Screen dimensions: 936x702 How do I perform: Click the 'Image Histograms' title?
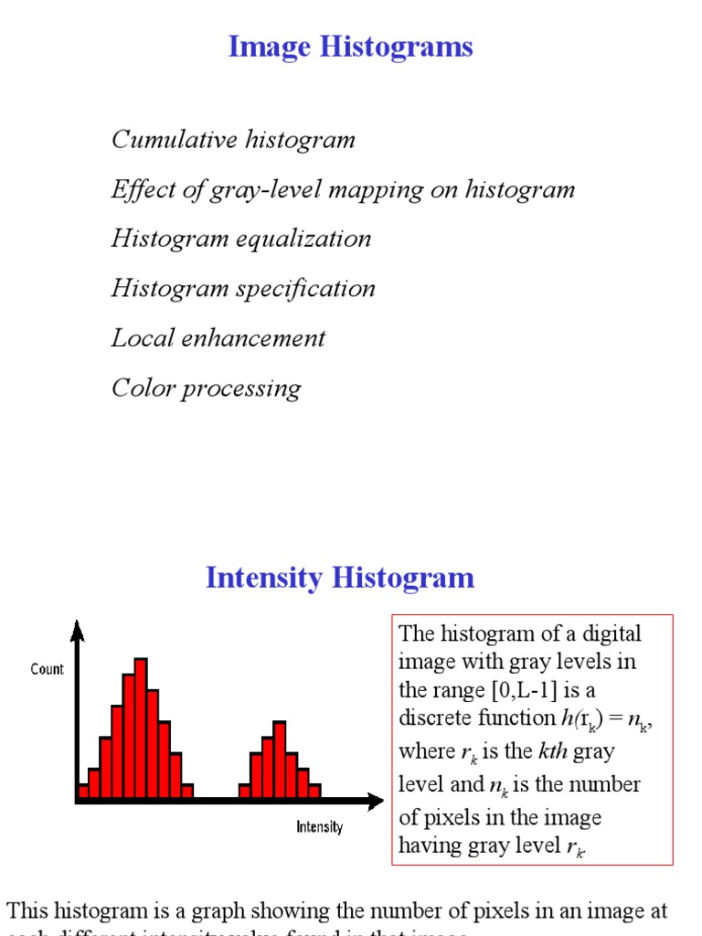(x=350, y=47)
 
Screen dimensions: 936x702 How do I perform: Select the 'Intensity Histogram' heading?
(x=340, y=578)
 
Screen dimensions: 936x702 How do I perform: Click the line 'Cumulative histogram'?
(x=233, y=140)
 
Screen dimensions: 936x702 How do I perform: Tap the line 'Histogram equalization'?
(x=241, y=239)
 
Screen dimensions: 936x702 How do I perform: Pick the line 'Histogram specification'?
(x=243, y=288)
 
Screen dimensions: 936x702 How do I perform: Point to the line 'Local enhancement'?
(x=218, y=338)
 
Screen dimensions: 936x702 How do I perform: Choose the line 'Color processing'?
(x=206, y=388)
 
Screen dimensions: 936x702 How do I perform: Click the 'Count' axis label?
(x=48, y=669)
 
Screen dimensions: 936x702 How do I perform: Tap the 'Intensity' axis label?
(x=319, y=827)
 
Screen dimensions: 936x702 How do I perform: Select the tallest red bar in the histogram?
(x=140, y=727)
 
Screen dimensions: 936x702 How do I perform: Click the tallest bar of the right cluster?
(x=279, y=759)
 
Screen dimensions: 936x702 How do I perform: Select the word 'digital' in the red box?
(x=611, y=633)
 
